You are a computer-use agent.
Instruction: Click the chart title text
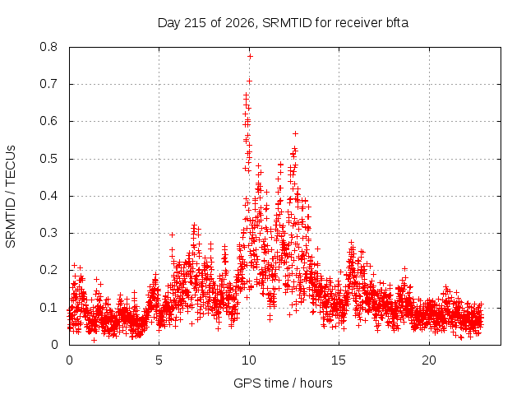click(283, 23)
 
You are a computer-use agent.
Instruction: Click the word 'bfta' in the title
click(396, 23)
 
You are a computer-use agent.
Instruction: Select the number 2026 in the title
click(239, 23)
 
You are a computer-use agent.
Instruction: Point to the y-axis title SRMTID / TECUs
click(11, 197)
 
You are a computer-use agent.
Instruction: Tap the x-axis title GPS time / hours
click(283, 383)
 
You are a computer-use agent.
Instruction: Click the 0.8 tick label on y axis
click(48, 47)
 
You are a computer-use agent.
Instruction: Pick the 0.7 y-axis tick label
click(48, 84)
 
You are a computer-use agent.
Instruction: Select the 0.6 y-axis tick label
click(48, 121)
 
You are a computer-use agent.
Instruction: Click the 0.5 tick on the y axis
click(48, 159)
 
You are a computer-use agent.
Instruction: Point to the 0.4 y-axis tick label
click(48, 196)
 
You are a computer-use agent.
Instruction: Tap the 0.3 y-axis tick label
click(48, 233)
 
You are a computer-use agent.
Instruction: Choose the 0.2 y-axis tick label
click(48, 270)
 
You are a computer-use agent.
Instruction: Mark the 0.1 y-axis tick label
click(48, 307)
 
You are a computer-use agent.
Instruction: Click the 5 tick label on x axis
click(159, 360)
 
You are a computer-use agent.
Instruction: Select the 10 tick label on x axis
click(249, 360)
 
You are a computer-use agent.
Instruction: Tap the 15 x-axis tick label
click(339, 360)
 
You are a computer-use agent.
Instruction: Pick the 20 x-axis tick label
click(429, 360)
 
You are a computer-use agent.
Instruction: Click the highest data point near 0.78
click(250, 57)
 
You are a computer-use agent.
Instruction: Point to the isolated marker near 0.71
click(249, 81)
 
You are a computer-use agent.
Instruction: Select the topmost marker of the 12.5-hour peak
click(295, 133)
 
